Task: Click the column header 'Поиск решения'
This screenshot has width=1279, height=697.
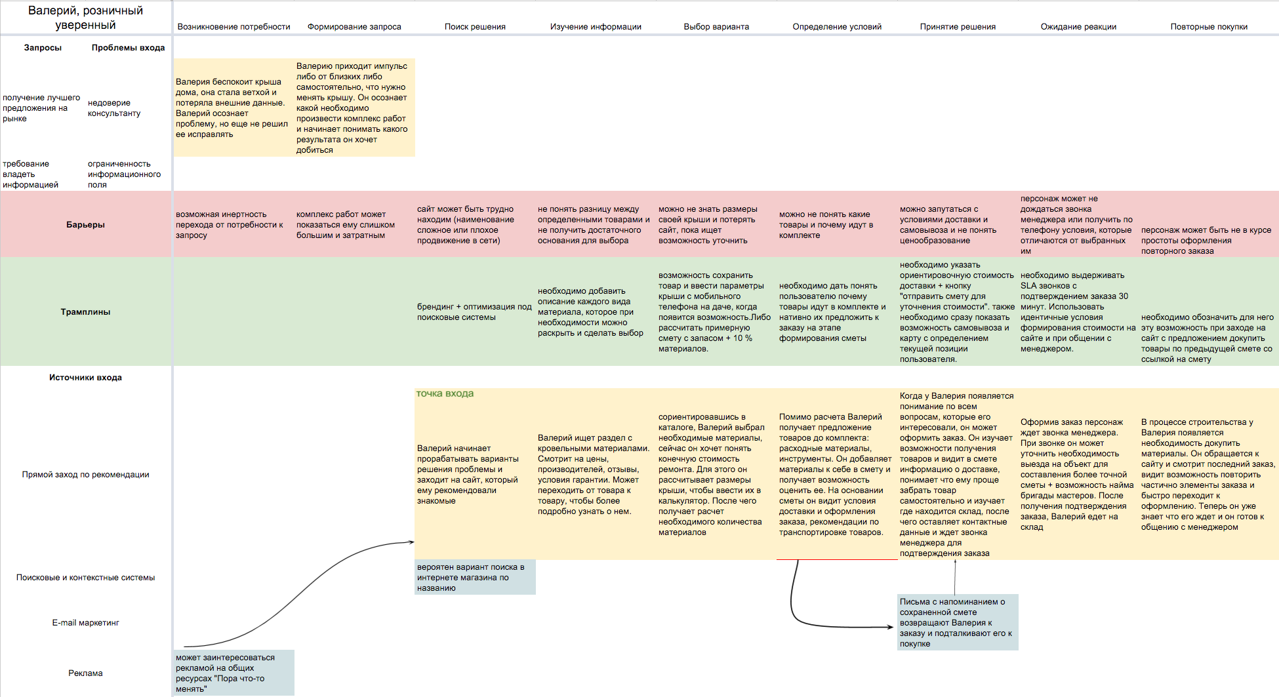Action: pos(475,27)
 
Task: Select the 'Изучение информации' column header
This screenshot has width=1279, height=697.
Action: pos(596,27)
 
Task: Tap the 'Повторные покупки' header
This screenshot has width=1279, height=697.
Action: pos(1209,27)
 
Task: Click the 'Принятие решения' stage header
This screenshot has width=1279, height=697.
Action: pos(958,27)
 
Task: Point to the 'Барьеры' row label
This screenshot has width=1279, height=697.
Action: pos(85,225)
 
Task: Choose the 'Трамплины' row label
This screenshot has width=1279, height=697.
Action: pos(85,312)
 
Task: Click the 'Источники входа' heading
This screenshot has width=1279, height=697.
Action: pos(85,378)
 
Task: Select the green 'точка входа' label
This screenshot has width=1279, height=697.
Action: pos(445,393)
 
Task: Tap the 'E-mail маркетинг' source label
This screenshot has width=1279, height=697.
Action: pos(85,623)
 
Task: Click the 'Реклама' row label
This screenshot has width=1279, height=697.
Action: pos(85,673)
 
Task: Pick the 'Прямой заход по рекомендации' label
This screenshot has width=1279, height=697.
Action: pos(85,475)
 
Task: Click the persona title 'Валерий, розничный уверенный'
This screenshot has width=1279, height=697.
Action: pos(85,18)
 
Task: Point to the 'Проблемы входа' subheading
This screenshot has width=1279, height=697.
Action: pos(128,48)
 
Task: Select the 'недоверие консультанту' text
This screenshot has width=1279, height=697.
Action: pos(114,108)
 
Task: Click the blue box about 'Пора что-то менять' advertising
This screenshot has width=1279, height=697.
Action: pos(234,673)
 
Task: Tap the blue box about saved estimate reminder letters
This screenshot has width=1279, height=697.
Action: pos(958,622)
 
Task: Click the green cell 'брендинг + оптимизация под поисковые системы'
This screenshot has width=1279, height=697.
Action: pos(474,312)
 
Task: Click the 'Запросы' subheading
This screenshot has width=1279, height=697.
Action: pos(43,48)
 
